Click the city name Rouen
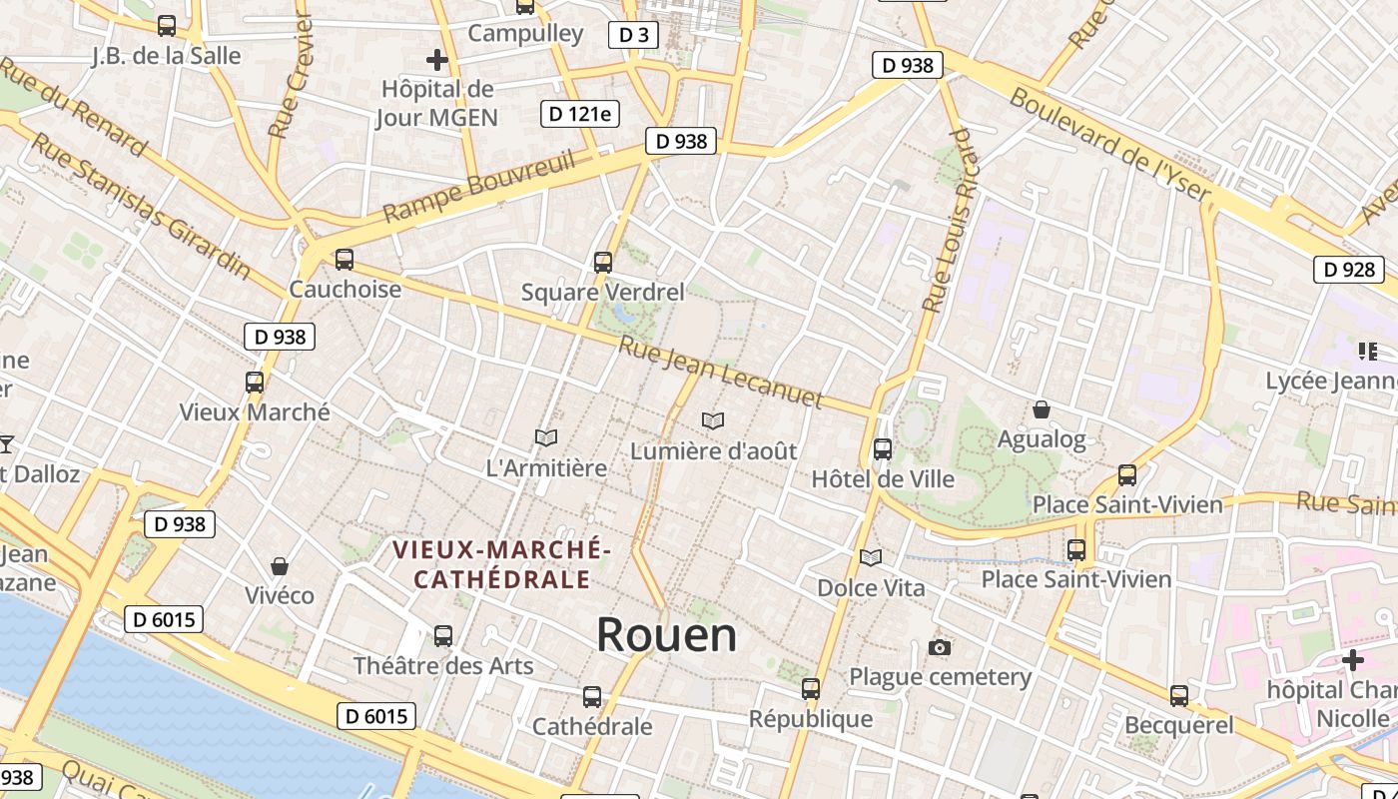667,635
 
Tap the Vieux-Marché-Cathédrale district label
501,564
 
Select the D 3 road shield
633,35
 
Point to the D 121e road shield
579,113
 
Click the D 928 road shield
1349,269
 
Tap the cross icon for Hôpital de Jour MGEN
436,60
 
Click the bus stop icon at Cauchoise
345,260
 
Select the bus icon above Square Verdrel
602,263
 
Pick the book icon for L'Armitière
545,437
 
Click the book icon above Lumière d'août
713,421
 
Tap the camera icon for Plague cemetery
939,648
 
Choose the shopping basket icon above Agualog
1042,409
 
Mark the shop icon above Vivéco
280,566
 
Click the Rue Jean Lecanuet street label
720,374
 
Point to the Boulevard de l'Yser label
1109,145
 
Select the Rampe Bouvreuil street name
479,187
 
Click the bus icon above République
811,688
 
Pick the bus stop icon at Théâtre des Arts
443,635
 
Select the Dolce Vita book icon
871,557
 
